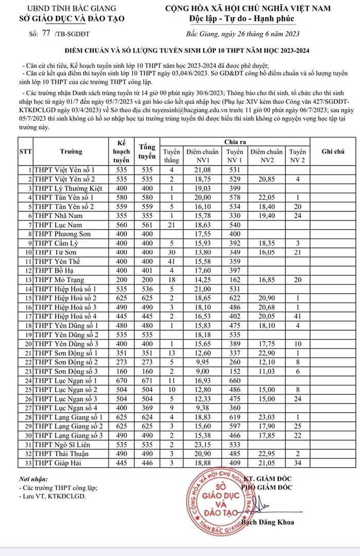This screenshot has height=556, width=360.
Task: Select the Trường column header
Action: click(x=71, y=152)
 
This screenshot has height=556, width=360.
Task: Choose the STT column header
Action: click(x=25, y=152)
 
